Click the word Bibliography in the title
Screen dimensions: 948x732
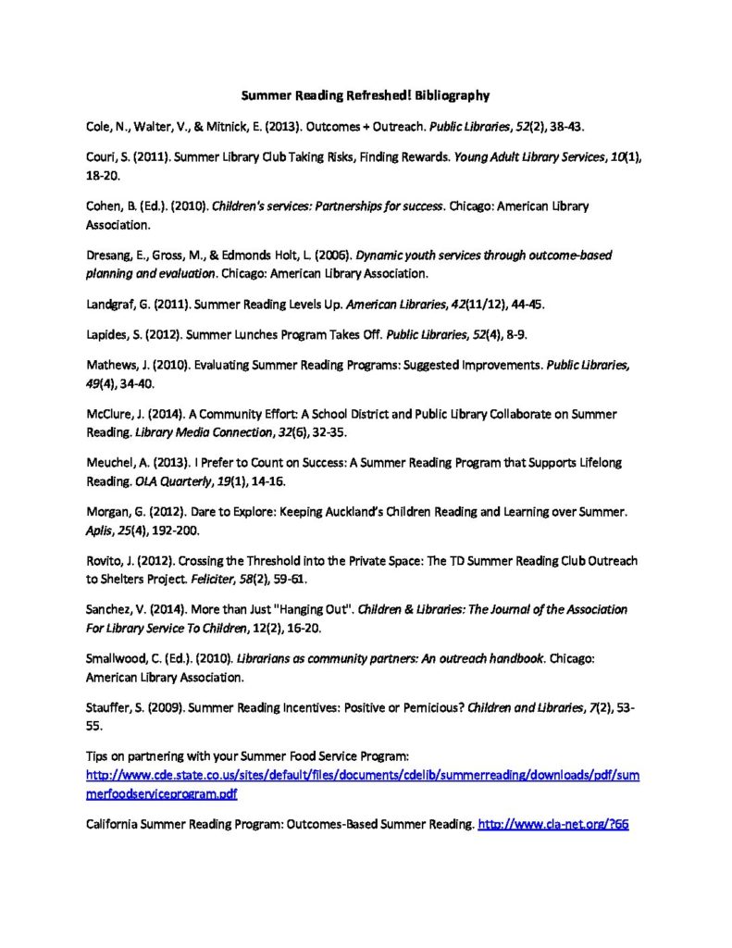coord(450,94)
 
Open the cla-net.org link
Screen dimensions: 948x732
coord(552,823)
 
